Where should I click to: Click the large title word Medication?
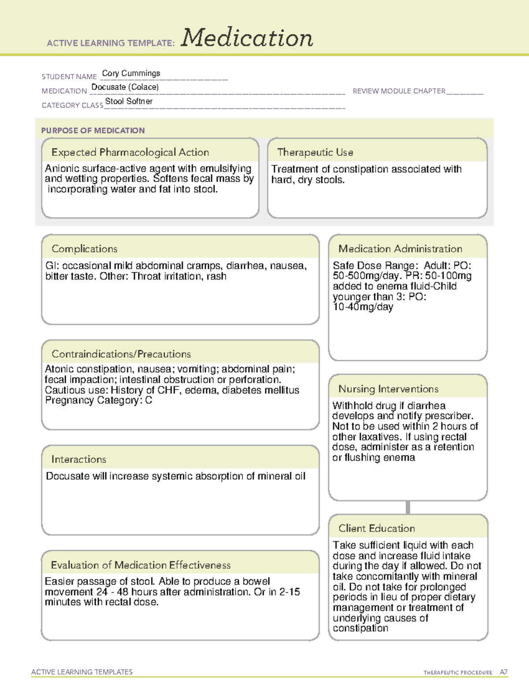coord(246,38)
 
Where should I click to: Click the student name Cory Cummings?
coord(131,73)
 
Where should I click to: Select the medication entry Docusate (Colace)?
coord(125,87)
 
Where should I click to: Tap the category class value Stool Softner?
coord(129,101)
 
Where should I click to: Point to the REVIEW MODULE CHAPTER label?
coord(399,91)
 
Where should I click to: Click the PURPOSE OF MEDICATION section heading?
coord(93,131)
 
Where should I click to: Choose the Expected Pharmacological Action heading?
coord(130,152)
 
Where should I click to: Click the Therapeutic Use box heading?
coord(315,152)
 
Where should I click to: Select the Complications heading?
coord(84,249)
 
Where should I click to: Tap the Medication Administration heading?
coord(400,249)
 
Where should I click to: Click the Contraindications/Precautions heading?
coord(121,354)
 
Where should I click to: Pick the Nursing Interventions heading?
coord(388,389)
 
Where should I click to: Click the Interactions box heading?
coord(78,459)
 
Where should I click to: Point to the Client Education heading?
coord(376,528)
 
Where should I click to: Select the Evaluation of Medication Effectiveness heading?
coord(141,565)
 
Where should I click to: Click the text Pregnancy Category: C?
coord(98,401)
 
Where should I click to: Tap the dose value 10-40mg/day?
coord(363,307)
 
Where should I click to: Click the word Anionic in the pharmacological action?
coord(61,168)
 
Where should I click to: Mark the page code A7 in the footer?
coord(503,672)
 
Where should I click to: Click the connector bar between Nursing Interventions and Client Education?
coord(408,507)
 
